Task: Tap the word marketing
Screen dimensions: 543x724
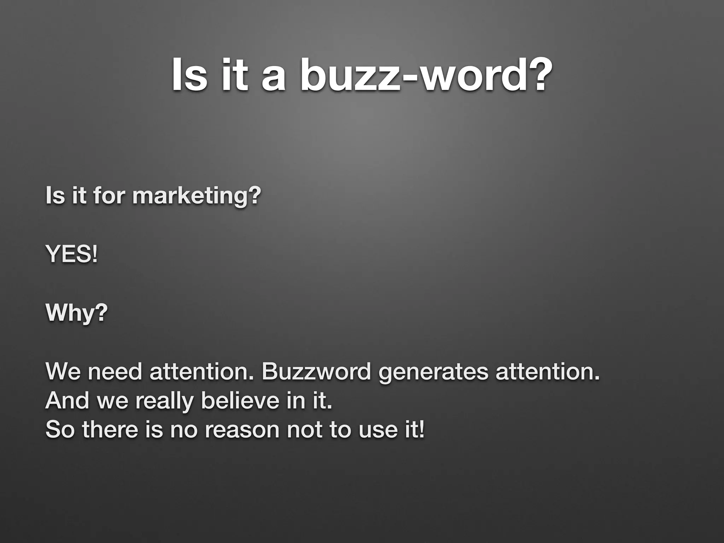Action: click(196, 196)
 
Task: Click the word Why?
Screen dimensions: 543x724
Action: click(76, 313)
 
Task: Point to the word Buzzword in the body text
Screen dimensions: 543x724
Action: click(316, 372)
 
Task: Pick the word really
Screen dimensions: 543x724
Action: click(164, 402)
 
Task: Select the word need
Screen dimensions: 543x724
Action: click(115, 372)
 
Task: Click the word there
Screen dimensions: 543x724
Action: click(110, 430)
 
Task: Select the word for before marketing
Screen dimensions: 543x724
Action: click(109, 196)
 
